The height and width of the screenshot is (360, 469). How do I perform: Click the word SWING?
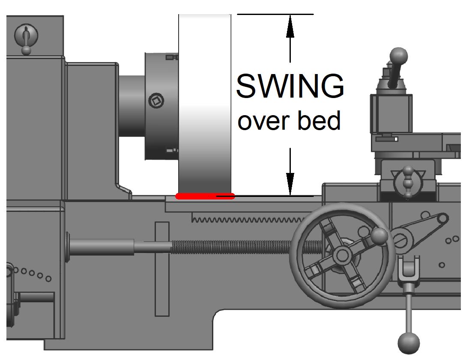[x=290, y=86]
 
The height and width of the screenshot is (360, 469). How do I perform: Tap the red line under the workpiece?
[x=205, y=196]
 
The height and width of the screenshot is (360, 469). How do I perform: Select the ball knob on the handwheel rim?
[x=379, y=235]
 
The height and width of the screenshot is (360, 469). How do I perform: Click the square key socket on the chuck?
[x=155, y=101]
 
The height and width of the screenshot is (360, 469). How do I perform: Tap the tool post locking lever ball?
[x=399, y=56]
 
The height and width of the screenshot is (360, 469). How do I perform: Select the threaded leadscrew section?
[x=240, y=247]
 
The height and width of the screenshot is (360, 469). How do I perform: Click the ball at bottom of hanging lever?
[x=409, y=343]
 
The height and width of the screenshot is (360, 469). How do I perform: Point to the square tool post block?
[x=391, y=111]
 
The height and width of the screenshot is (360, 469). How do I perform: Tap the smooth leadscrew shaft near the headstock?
[x=103, y=247]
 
